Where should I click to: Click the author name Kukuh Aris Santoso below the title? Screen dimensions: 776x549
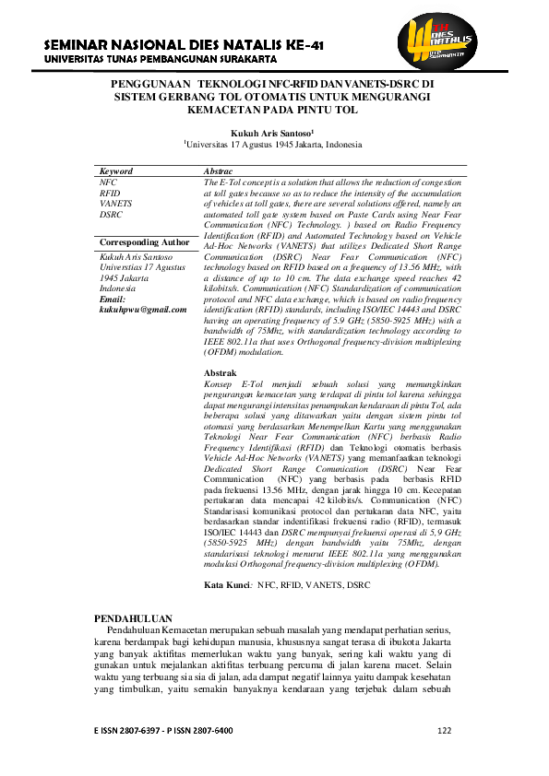(275, 133)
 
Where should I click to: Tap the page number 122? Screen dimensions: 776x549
(444, 731)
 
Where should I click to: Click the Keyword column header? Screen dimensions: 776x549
(116, 171)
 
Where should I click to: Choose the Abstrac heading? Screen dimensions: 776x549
(218, 171)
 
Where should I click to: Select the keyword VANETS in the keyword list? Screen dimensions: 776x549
(115, 203)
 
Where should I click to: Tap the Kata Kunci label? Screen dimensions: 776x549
(227, 585)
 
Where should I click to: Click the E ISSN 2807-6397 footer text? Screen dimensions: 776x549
(128, 731)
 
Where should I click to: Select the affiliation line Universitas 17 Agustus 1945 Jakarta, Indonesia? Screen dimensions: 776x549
(274, 145)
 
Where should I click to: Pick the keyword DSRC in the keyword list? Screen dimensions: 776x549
(112, 213)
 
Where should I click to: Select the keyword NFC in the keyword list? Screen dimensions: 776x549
(108, 182)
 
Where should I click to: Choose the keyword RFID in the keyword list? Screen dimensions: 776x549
(109, 193)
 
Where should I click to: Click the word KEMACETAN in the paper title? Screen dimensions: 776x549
(222, 108)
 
